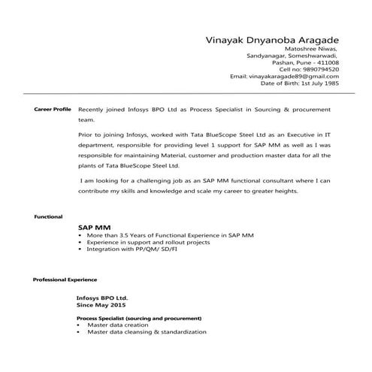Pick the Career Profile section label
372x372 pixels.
click(53, 109)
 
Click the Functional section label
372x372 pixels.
click(48, 216)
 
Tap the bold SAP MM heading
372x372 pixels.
click(92, 227)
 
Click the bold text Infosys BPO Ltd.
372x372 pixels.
click(102, 298)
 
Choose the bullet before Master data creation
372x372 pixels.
click(80, 325)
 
